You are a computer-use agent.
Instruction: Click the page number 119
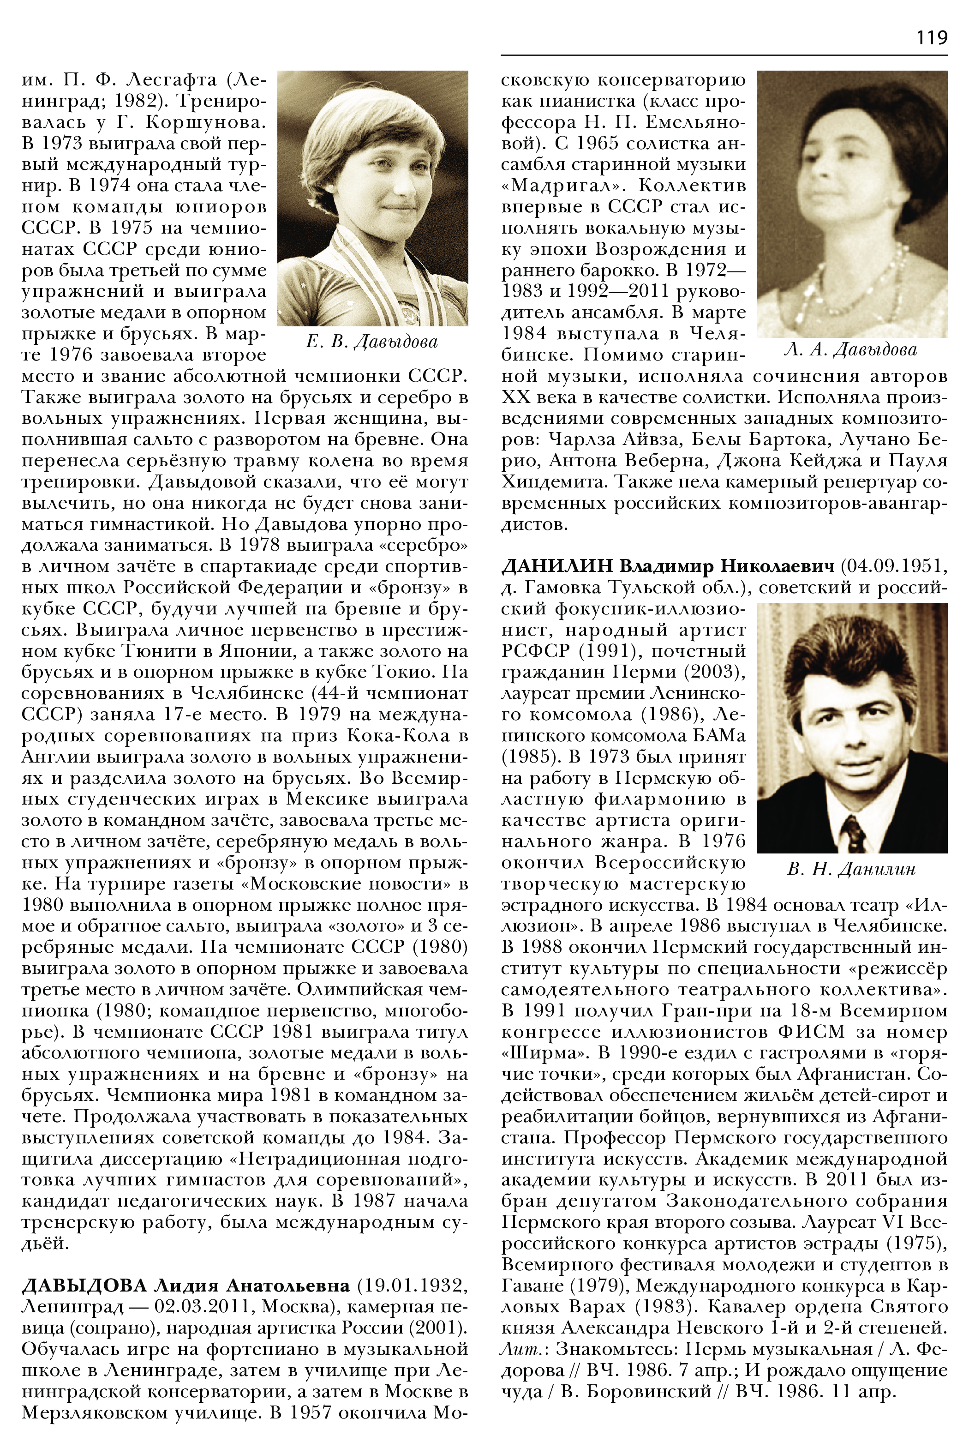931,38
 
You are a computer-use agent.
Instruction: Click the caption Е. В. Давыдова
371,342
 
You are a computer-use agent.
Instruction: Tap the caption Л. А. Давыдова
850,350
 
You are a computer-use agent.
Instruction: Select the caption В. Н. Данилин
851,869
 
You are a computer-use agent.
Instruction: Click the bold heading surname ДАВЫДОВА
84,1286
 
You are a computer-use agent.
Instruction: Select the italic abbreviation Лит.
517,1349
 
